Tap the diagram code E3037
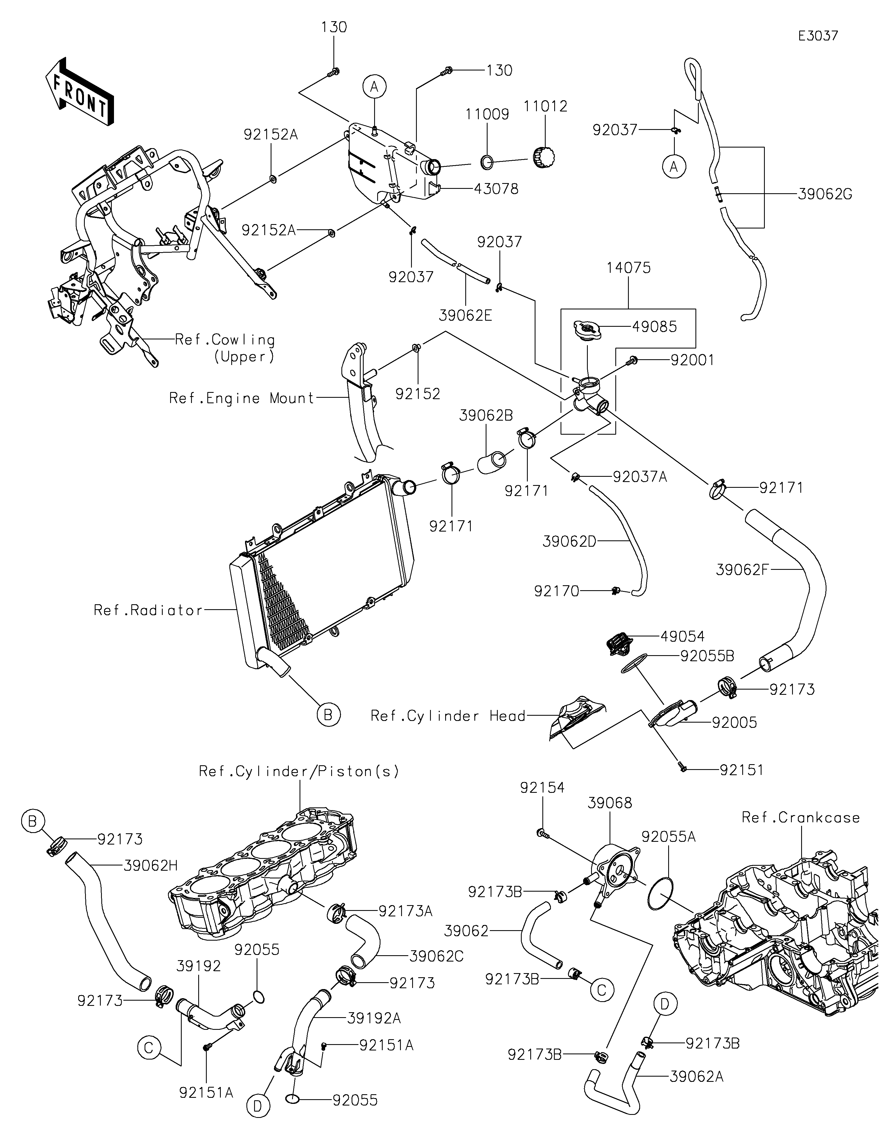pos(818,36)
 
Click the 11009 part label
pos(487,115)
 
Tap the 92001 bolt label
pos(692,360)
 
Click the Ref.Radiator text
pos(148,610)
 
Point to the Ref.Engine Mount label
pos(242,399)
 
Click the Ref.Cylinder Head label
pos(448,716)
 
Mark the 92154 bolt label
pos(542,788)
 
